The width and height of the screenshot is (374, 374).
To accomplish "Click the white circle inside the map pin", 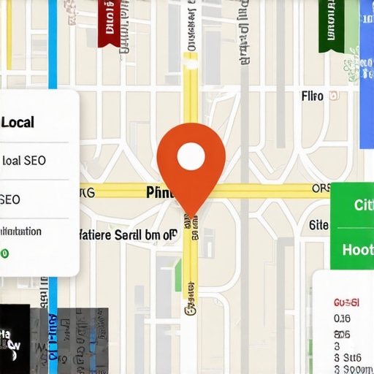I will [191, 154].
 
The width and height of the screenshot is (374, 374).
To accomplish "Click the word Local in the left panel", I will [18, 122].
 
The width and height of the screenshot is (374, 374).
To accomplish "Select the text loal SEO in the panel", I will [24, 161].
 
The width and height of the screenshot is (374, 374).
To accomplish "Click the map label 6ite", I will [319, 225].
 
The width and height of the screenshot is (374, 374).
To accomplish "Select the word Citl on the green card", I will [363, 205].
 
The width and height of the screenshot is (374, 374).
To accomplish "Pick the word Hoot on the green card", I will [358, 250].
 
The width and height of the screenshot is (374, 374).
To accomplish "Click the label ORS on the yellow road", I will [321, 189].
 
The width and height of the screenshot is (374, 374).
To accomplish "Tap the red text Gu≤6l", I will [346, 302].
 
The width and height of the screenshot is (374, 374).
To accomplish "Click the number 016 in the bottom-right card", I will [343, 318].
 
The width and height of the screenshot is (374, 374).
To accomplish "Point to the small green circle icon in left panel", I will [4, 253].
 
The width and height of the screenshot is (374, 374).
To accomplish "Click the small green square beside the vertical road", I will [178, 275].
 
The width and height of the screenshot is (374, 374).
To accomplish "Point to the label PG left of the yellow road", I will [87, 194].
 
